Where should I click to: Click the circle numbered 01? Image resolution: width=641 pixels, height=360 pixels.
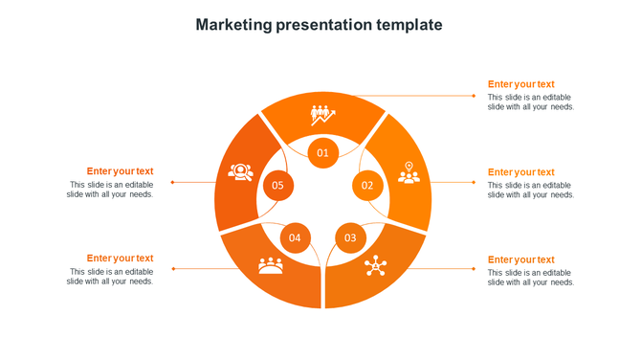coord(322,152)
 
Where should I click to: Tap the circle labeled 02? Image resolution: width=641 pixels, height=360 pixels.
coord(366,185)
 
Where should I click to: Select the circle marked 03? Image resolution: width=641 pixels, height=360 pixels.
coord(350,237)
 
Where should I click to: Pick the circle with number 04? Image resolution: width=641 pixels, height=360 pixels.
coord(295,237)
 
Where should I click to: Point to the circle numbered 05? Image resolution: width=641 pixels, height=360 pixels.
coord(277,185)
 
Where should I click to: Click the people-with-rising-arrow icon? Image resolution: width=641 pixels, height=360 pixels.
coord(322,115)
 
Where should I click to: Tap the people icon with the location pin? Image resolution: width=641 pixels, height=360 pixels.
coord(409,172)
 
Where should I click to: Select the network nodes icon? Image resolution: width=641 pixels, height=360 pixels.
coord(374,266)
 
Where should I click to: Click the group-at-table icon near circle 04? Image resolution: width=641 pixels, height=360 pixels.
coord(271,265)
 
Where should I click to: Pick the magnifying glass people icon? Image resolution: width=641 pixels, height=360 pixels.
coord(239,172)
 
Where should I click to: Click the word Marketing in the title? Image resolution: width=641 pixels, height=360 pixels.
coord(234,25)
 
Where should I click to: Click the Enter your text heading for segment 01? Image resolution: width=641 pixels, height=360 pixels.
coord(520,84)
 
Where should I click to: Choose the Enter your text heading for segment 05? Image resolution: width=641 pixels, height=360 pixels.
coord(120,171)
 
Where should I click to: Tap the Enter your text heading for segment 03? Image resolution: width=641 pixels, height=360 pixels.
coord(520,259)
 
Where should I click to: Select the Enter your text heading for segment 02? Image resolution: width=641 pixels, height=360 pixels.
coord(520,172)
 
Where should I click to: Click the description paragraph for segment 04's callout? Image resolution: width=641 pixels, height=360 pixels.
coord(110,277)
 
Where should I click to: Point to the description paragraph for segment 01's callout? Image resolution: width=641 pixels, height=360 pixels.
coord(530,101)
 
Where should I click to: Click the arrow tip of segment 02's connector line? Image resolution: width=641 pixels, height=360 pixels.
coord(475,182)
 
